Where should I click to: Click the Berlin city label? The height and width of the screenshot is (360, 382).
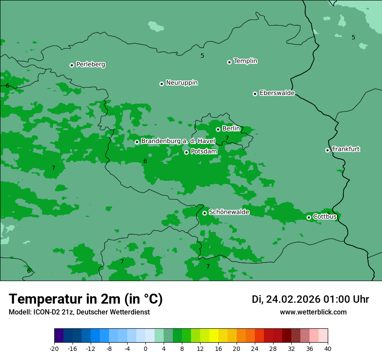(231, 128)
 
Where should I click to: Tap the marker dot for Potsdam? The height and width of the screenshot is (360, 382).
(186, 152)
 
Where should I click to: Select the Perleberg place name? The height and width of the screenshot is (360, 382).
(90, 65)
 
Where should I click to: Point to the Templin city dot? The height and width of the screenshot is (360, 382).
(229, 62)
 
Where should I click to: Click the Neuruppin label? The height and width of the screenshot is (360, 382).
(181, 83)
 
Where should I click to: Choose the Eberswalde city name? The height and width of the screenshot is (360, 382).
(277, 93)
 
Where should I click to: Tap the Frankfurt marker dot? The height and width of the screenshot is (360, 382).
(327, 150)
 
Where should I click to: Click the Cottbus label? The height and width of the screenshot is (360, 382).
(325, 216)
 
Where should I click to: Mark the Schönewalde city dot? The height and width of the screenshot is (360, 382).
(204, 213)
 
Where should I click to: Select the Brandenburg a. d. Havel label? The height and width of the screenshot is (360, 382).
(178, 141)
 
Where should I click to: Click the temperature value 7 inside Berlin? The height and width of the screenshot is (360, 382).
(227, 138)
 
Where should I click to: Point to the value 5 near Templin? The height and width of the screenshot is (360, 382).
(202, 56)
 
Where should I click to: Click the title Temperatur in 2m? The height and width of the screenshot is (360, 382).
(86, 299)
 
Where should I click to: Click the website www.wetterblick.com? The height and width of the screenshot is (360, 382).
(313, 312)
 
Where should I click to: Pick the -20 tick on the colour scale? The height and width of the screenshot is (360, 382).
(54, 348)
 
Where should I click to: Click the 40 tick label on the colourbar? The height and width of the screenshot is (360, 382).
(327, 348)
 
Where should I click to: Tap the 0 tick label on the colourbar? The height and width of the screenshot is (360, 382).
(145, 348)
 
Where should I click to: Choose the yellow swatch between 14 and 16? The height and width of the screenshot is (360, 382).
(214, 336)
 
